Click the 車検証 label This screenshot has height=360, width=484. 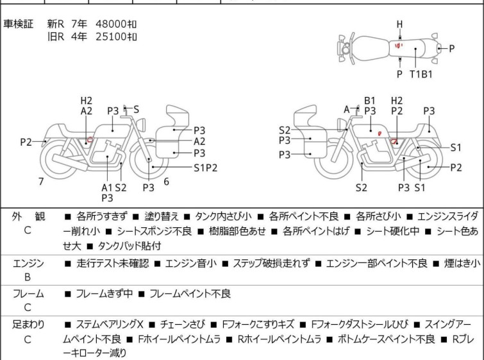(18, 24)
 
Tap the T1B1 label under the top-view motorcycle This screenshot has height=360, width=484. (421, 74)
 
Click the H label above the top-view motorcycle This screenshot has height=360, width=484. (400, 24)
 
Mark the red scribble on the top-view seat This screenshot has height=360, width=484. (399, 46)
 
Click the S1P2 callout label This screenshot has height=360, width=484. (206, 167)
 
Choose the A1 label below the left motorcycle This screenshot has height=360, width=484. (107, 187)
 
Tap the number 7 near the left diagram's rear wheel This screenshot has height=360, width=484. (41, 182)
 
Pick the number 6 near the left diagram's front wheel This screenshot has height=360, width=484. (167, 182)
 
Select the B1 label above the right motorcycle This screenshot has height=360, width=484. (369, 101)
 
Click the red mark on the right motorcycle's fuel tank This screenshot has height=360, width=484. (380, 133)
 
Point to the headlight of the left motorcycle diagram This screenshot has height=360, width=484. (142, 125)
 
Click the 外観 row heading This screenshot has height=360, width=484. (28, 217)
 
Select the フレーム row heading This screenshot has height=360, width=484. (28, 293)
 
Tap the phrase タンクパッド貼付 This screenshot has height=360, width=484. (129, 246)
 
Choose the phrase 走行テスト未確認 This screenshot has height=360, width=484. (113, 264)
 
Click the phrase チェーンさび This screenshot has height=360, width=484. (183, 325)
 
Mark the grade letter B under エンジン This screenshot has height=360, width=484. (28, 277)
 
